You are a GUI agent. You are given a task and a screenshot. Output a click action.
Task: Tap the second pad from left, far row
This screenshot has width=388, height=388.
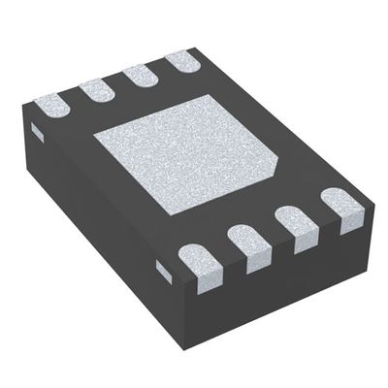[97, 88]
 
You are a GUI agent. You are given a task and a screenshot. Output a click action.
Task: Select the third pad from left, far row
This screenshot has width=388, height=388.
[143, 75]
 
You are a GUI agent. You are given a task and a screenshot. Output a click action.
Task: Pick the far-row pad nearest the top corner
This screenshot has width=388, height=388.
[184, 61]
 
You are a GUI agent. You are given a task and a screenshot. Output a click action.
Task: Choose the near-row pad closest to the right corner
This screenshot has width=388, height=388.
[340, 205]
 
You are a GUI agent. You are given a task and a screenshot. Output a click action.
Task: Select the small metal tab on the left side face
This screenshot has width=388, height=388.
[37, 129]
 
